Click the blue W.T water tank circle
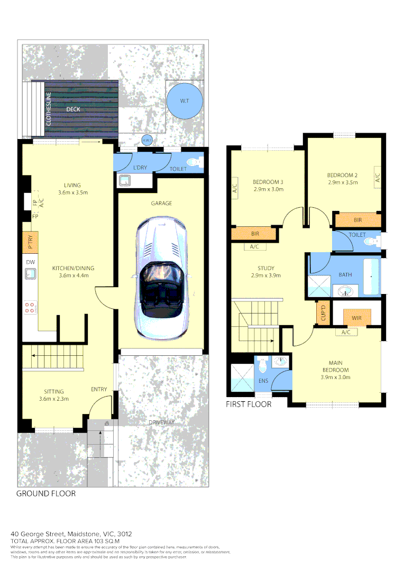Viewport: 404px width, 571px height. point(184,100)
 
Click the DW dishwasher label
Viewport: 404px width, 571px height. point(30,262)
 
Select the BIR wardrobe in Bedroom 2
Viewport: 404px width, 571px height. point(357,219)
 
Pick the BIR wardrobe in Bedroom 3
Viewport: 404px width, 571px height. point(254,233)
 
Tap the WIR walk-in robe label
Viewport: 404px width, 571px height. point(356,318)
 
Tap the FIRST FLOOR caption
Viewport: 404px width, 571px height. point(249,404)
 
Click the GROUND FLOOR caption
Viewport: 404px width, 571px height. point(46,493)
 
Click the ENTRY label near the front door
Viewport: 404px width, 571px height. point(98,389)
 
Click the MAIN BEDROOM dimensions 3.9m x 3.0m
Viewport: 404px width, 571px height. point(336,377)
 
